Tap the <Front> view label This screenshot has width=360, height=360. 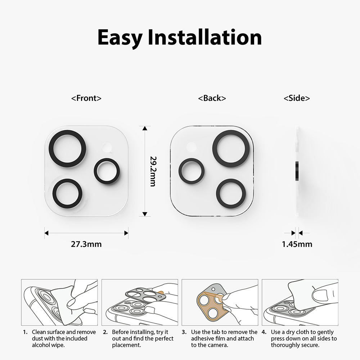(86, 98)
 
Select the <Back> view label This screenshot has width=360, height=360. (212, 98)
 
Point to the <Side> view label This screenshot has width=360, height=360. (297, 98)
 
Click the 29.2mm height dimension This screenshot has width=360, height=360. (153, 171)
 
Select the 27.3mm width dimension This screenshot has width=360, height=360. (86, 244)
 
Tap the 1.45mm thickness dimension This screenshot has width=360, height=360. (297, 244)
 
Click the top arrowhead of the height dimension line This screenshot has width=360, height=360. (144, 129)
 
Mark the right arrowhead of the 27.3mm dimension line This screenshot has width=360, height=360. (126, 233)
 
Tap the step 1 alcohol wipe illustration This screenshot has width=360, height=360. (59, 302)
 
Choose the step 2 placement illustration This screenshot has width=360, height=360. (139, 302)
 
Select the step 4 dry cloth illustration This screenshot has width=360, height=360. (300, 302)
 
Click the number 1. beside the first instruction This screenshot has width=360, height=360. (25, 332)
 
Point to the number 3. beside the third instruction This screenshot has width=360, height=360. (184, 332)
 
